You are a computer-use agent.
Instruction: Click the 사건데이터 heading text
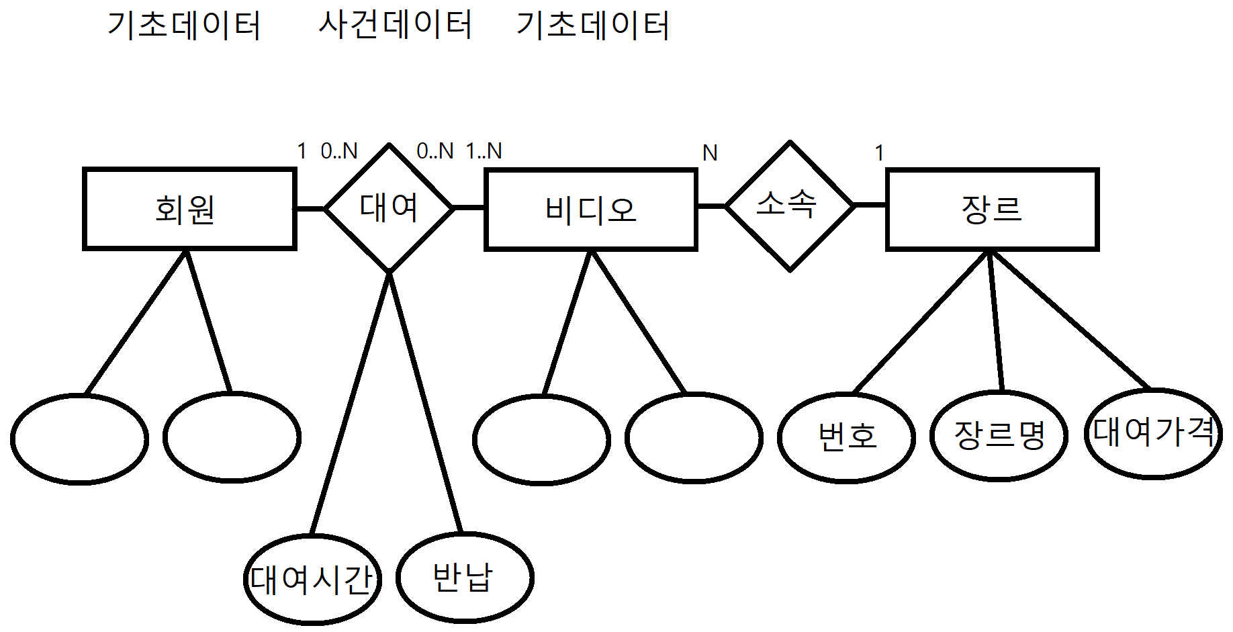tap(395, 25)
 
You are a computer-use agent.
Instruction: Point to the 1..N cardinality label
tap(484, 151)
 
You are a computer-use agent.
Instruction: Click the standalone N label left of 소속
tap(710, 154)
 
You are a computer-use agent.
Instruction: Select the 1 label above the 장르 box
tap(879, 154)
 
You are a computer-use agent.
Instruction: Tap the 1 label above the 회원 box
tap(302, 151)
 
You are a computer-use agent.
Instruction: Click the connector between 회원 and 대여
tap(310, 208)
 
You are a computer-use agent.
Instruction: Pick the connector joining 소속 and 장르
tap(870, 205)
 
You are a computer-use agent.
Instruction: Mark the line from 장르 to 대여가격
tap(1070, 320)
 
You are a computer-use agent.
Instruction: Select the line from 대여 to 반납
tap(426, 402)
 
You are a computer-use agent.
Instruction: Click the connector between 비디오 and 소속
tap(712, 206)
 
